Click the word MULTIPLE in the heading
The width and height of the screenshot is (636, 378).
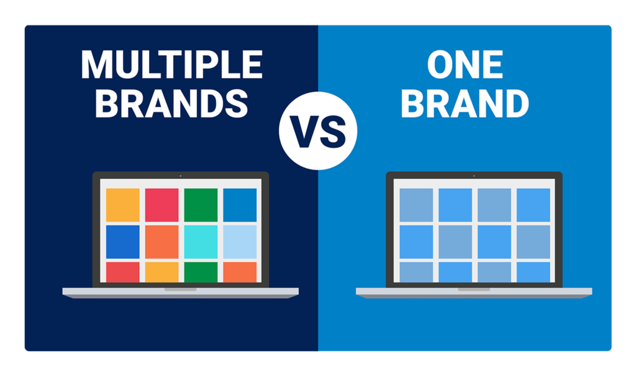coord(172,65)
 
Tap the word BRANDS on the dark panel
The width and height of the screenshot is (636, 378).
coord(171,104)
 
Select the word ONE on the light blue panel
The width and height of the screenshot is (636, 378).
coord(465,65)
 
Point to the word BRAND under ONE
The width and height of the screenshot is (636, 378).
coord(465,104)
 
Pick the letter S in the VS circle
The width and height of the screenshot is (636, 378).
coord(333,132)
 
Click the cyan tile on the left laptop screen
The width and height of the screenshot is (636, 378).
coord(201,242)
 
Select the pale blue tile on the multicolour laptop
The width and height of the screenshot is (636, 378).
coord(240,242)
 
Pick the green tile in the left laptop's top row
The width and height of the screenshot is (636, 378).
coord(201,205)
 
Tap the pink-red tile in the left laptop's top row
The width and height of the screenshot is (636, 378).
coord(162,205)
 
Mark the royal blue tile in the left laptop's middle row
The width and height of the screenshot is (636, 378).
coord(123,242)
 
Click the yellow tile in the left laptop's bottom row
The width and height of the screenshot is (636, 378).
coord(162,272)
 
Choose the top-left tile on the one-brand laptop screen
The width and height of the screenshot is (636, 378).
coord(416,205)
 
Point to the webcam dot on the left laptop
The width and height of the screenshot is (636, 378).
coord(181,176)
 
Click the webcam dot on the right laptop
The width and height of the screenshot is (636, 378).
coord(474,176)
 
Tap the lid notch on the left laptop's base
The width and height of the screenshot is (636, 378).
coord(181,289)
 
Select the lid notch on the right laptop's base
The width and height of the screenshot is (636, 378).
coord(474,289)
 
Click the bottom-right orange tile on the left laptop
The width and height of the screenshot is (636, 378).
coord(240,272)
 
